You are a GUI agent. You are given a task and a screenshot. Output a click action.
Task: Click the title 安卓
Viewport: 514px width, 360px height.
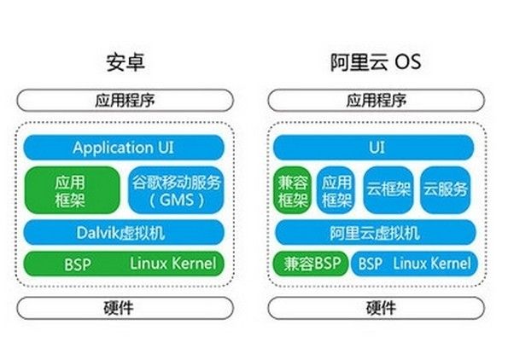[126, 62]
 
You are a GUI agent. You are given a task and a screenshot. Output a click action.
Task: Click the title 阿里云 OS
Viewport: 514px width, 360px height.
[376, 62]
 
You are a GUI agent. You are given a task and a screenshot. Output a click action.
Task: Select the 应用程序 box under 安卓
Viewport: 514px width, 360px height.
[125, 100]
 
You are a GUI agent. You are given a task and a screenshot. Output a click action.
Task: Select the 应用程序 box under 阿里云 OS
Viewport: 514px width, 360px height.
[377, 100]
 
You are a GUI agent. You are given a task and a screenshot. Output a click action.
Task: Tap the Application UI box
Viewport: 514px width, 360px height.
[124, 148]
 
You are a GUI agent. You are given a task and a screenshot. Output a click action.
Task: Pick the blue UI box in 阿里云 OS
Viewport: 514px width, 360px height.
[374, 148]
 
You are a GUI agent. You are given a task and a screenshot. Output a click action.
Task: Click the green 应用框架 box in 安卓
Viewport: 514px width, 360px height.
[72, 190]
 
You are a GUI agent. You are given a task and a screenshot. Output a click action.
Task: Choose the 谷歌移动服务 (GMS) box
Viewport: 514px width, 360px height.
[177, 190]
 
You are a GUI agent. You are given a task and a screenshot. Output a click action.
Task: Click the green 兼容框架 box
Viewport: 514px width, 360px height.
[292, 190]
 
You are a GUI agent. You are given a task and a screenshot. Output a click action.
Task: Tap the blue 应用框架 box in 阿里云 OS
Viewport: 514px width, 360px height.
[336, 190]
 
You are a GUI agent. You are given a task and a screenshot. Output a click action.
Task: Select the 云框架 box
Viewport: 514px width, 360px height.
[388, 189]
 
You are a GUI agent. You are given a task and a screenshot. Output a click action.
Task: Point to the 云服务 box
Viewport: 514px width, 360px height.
[445, 189]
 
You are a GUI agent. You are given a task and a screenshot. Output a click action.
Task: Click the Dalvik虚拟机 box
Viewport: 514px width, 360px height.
[124, 233]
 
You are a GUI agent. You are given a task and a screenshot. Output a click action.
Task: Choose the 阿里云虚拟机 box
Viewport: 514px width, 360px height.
[376, 233]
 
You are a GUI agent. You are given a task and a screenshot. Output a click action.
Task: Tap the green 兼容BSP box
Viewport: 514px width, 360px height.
[311, 264]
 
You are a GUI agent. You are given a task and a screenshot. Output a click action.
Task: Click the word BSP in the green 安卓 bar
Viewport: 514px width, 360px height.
[78, 264]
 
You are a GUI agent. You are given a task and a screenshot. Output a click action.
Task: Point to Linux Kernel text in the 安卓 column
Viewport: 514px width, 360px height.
[173, 264]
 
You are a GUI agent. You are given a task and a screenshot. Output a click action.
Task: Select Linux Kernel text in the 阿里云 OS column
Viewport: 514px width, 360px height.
[432, 264]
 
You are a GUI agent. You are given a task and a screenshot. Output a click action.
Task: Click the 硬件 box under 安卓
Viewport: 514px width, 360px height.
[125, 308]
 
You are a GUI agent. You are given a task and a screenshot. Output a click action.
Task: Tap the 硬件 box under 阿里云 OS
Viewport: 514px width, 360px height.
[377, 308]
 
